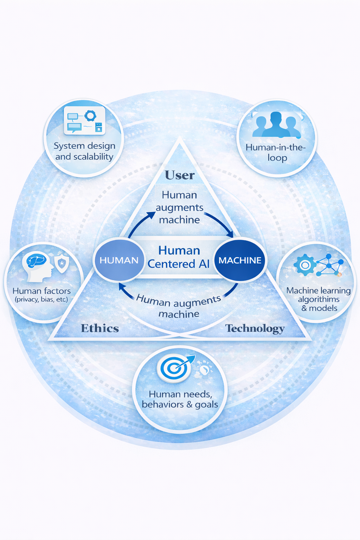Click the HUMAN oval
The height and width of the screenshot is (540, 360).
[119, 260]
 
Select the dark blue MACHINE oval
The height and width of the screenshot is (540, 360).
[240, 260]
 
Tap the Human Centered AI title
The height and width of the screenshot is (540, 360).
[179, 257]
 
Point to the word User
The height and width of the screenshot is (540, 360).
[180, 175]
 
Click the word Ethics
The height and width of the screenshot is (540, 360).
[100, 328]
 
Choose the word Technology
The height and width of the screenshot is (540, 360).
[255, 328]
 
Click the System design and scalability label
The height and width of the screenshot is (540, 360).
[84, 151]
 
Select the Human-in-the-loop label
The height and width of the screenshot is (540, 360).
[276, 152]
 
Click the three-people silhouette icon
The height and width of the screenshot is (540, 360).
[276, 125]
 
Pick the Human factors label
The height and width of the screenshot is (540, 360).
[41, 291]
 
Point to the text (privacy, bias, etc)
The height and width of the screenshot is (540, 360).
[41, 300]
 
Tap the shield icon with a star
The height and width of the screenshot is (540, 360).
[62, 263]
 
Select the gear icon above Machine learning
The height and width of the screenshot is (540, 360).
[305, 265]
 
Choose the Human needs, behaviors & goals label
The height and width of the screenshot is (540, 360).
[180, 399]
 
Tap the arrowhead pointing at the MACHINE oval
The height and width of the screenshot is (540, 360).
[230, 234]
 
